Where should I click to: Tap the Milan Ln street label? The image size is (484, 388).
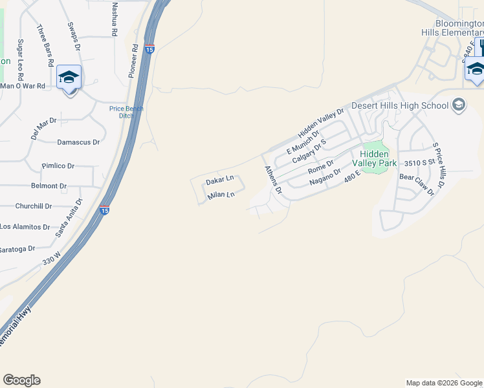[220, 195]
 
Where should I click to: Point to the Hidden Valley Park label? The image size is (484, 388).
[374, 158]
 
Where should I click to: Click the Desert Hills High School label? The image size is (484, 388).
[400, 105]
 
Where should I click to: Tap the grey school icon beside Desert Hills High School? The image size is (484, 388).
[459, 105]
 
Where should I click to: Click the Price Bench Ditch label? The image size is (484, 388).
[126, 112]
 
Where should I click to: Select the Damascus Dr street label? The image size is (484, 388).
[78, 142]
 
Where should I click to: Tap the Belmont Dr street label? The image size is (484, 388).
[49, 186]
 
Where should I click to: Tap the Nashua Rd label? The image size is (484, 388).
[115, 18]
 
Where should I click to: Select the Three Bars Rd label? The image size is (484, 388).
[44, 45]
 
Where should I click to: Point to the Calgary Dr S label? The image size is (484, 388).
[309, 151]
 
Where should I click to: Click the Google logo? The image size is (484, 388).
[21, 380]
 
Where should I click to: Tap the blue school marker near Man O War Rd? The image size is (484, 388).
[69, 78]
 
